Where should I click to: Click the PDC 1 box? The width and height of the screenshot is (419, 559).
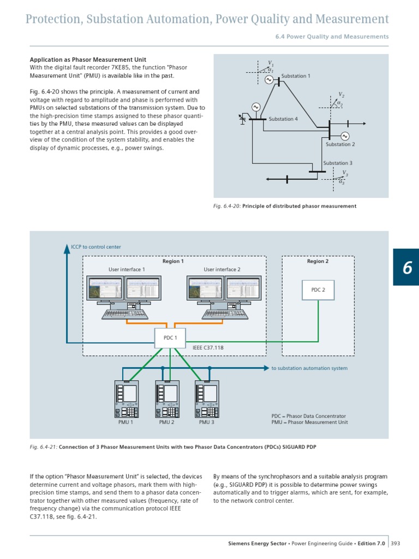(170, 338)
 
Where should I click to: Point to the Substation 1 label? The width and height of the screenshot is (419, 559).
(296, 76)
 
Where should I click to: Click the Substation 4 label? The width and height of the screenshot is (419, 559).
(283, 119)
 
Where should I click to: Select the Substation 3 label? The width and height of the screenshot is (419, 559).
(338, 163)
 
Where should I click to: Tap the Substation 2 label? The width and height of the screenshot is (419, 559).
(340, 144)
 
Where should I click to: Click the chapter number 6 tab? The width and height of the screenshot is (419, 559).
(406, 267)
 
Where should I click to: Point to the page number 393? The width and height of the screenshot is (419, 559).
(396, 543)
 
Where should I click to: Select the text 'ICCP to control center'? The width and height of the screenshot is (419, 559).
(96, 247)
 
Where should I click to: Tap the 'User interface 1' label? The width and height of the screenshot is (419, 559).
(127, 269)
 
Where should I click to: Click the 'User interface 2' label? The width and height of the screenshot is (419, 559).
(222, 269)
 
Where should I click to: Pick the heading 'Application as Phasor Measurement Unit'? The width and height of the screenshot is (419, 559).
(87, 60)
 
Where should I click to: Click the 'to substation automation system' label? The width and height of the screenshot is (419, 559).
(309, 368)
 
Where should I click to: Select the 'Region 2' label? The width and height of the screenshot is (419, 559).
(318, 261)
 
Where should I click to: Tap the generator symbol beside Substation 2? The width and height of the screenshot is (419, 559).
(344, 136)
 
